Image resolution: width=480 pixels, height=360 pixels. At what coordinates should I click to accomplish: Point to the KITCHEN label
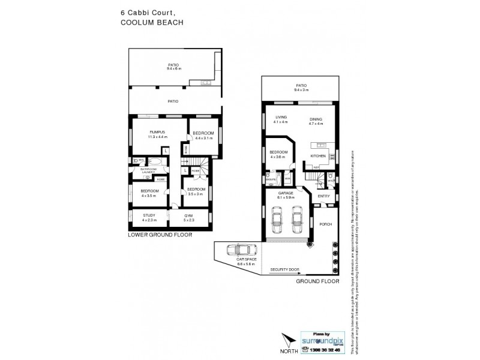(x=318, y=155)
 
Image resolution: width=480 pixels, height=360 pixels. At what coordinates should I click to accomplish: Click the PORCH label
(x=326, y=224)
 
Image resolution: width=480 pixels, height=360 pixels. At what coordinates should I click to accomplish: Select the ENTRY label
(x=324, y=196)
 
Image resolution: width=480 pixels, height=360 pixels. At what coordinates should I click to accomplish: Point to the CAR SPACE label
(x=247, y=260)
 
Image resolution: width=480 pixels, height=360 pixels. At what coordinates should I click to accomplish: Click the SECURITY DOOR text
(x=285, y=270)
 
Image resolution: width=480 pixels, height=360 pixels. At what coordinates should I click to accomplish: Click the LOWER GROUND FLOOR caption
(x=160, y=236)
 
